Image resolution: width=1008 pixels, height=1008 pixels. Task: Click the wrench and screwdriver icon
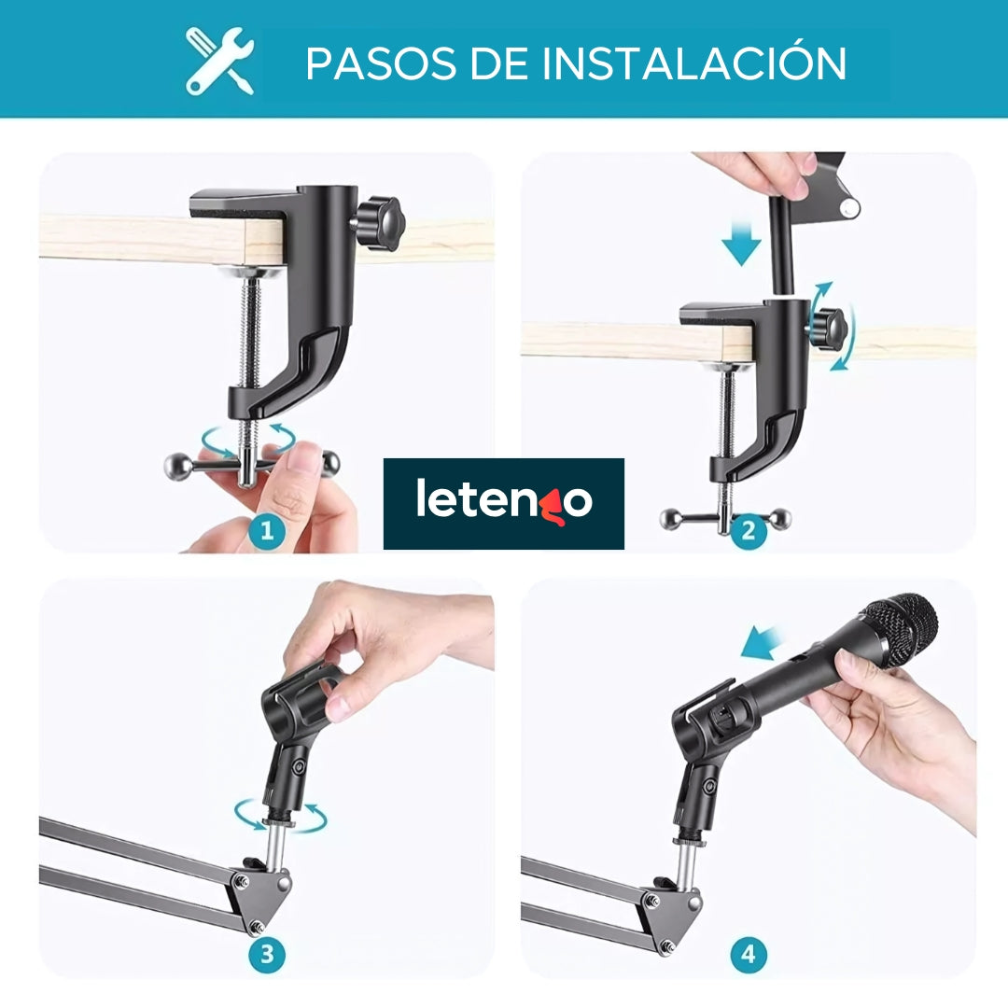pyautogui.click(x=220, y=61)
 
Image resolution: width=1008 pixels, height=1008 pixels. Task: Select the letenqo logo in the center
pyautogui.click(x=504, y=502)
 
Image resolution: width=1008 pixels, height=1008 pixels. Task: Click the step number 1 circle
pyautogui.click(x=267, y=532)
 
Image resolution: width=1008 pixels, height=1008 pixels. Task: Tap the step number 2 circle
pyautogui.click(x=749, y=532)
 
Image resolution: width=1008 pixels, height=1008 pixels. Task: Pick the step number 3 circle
pyautogui.click(x=267, y=955)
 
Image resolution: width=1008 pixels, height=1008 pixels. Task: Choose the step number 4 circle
pyautogui.click(x=749, y=955)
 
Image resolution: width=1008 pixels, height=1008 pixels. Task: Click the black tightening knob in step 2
pyautogui.click(x=825, y=326)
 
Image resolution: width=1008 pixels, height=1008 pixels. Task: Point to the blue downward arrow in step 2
pyautogui.click(x=741, y=245)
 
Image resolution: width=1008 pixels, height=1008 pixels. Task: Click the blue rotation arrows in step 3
pyautogui.click(x=280, y=814)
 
